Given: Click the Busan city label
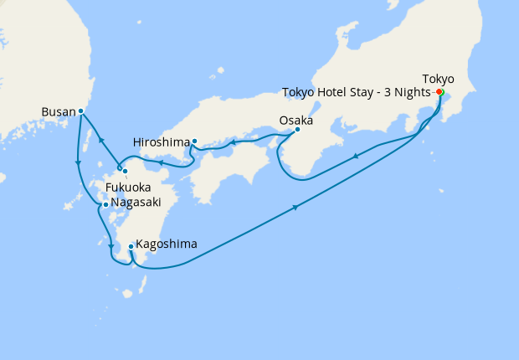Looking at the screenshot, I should [x=58, y=111].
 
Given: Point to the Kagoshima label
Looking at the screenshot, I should [x=167, y=244].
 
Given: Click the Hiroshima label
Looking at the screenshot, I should [x=162, y=141].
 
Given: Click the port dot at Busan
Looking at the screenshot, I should [x=80, y=111].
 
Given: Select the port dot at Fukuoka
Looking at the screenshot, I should [x=125, y=172].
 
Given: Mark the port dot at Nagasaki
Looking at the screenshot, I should [x=105, y=204].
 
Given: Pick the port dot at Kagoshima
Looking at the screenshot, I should [x=131, y=246].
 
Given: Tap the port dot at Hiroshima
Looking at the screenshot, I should [x=194, y=141].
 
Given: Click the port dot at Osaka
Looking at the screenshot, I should [x=297, y=129].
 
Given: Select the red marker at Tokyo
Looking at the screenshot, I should [x=439, y=92].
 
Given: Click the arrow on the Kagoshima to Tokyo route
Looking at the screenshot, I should [x=295, y=208].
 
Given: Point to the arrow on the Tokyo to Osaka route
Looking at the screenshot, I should [x=357, y=156].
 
